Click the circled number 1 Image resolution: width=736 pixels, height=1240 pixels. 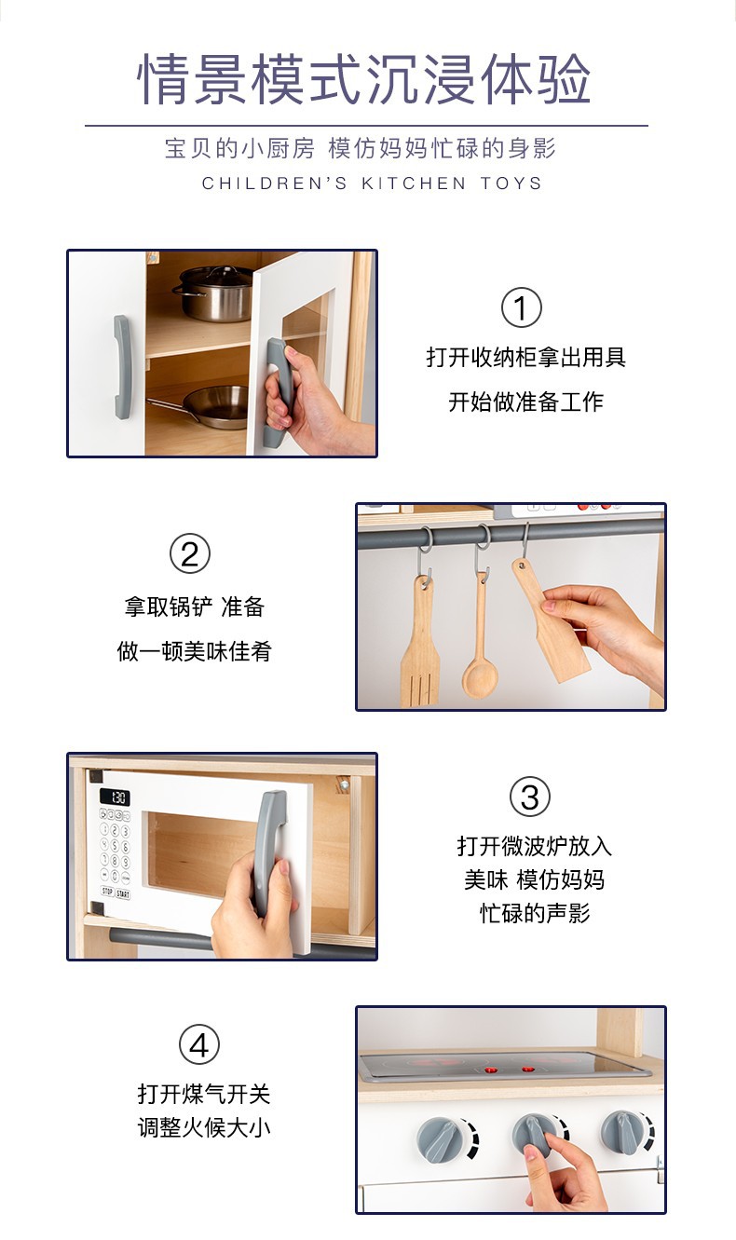521,308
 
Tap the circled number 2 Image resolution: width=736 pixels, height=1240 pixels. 190,554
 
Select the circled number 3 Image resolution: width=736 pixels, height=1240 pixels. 529,797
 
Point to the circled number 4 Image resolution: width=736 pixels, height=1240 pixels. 198,1044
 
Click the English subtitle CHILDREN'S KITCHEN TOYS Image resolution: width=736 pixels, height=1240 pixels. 372,184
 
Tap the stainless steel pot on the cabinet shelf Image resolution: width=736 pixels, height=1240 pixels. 212,293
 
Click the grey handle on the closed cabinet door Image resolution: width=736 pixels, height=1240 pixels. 122,366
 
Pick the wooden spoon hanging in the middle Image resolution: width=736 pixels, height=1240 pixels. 481,652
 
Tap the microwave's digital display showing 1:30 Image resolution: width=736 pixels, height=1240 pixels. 115,797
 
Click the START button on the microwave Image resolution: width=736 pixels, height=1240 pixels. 123,893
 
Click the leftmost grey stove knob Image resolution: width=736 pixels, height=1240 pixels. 439,1137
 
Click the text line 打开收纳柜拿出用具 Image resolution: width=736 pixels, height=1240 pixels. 526,357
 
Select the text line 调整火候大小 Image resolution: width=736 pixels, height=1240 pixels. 204,1128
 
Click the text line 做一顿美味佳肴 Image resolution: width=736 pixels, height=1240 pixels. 194,651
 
